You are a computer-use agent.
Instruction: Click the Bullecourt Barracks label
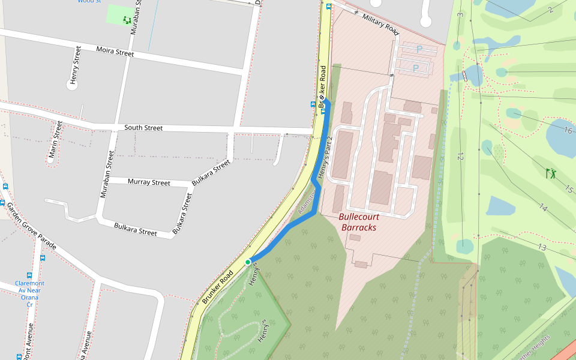click(x=358, y=222)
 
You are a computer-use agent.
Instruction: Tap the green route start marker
click(x=248, y=262)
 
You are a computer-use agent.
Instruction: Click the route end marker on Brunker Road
click(x=322, y=98)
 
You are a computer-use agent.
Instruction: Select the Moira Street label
click(x=115, y=52)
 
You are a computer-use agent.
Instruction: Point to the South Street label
click(x=143, y=128)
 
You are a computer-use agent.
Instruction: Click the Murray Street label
click(x=149, y=182)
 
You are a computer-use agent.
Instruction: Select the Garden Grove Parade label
click(x=31, y=226)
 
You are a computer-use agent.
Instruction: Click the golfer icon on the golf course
click(x=551, y=173)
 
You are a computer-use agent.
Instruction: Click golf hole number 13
click(x=542, y=247)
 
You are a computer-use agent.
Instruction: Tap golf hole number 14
click(x=543, y=208)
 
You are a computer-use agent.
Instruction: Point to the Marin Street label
click(x=56, y=139)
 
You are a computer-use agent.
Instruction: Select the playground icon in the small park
click(x=127, y=20)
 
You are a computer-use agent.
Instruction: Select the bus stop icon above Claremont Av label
click(x=42, y=258)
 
